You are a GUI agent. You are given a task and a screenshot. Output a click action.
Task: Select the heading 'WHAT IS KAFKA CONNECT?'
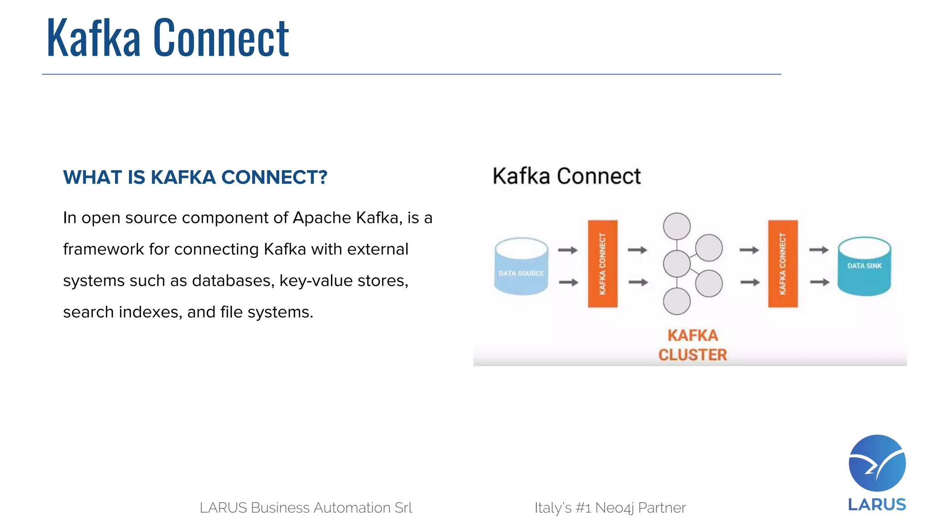coord(195,177)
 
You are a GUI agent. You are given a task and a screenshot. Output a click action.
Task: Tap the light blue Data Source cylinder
coord(521,267)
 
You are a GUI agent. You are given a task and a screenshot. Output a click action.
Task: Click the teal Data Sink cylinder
coord(864,267)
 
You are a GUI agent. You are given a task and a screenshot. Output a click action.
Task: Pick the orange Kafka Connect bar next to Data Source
coord(602,264)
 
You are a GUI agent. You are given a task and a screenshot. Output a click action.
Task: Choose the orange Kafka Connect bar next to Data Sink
coord(782,264)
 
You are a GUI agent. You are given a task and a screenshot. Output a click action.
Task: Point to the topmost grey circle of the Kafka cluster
coord(676,226)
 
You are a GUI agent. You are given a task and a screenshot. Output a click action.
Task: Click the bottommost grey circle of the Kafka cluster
coord(676,301)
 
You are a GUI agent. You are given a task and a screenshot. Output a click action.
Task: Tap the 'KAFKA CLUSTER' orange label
coord(692,345)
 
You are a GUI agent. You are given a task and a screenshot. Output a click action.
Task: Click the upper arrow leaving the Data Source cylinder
coord(567,250)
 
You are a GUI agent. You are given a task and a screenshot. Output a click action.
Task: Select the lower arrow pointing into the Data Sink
coord(820,282)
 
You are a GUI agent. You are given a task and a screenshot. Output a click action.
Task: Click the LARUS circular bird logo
coord(877,463)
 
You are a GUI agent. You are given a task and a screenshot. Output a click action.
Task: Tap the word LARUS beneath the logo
coord(877,504)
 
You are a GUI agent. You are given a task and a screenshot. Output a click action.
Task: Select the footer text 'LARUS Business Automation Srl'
coord(306,508)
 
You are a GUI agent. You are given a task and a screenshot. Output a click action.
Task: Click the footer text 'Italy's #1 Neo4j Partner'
coord(610,508)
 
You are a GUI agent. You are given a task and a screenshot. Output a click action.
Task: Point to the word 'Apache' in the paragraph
coord(322,218)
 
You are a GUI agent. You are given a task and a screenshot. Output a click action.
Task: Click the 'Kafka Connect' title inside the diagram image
coord(566,176)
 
